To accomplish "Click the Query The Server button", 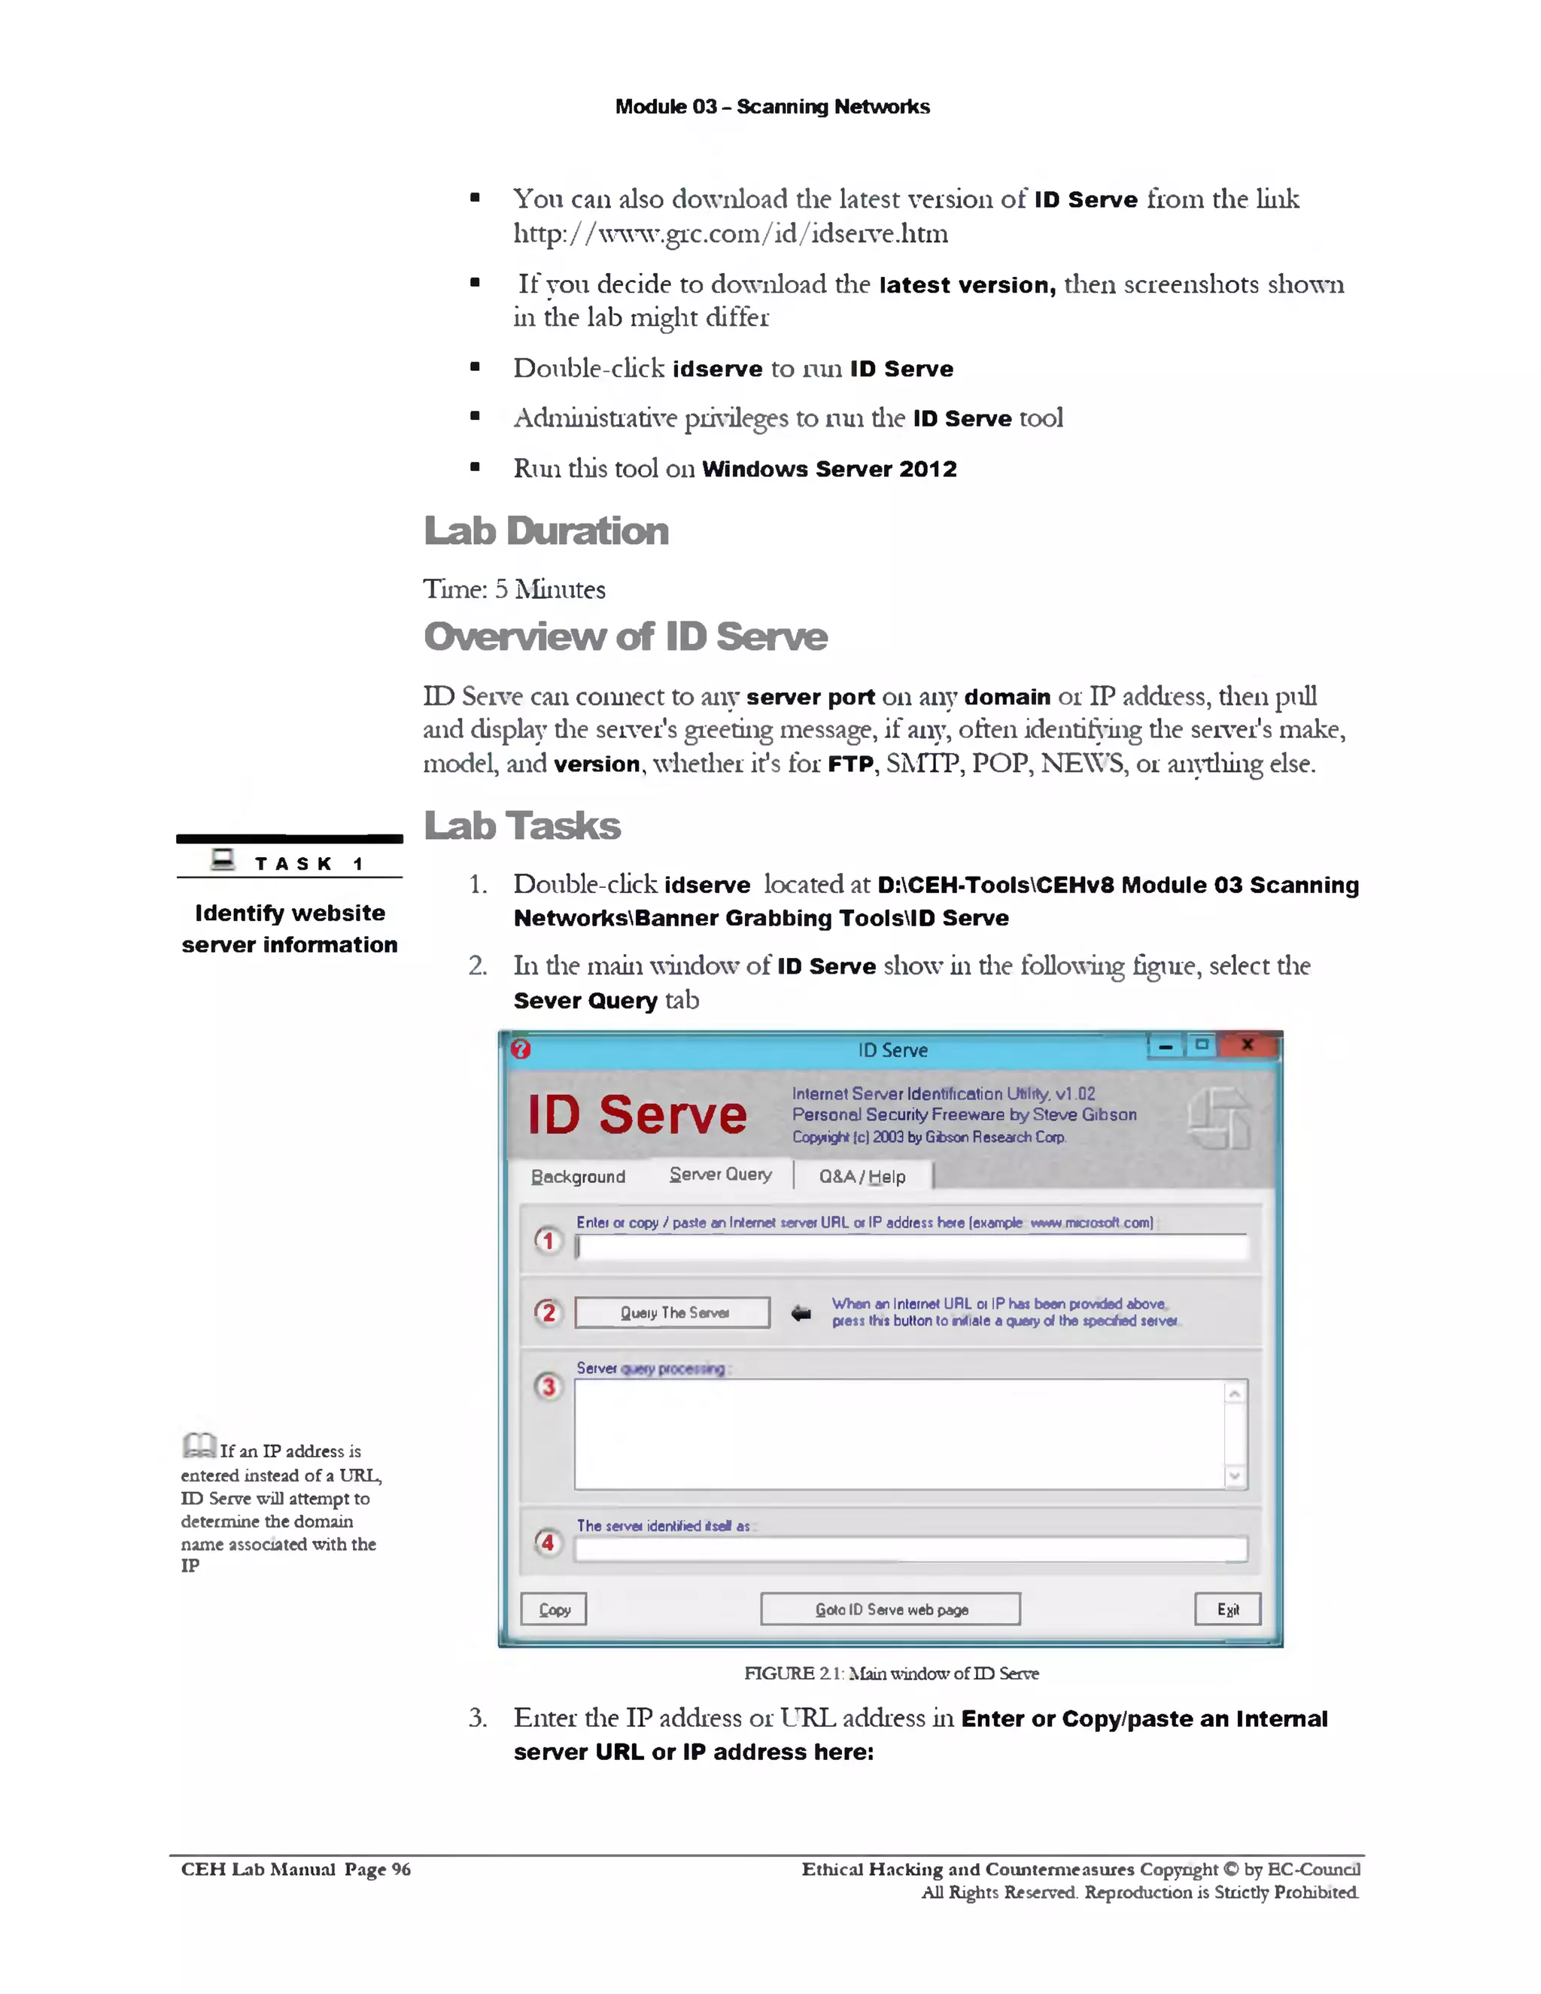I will (672, 1312).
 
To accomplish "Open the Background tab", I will (578, 1177).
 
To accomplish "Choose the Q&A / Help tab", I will (862, 1177).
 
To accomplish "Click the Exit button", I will (1227, 1609).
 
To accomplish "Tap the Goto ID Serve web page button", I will (890, 1609).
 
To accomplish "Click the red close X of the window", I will (1247, 1045).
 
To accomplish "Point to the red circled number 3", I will (548, 1387).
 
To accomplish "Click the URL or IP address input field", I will (911, 1246).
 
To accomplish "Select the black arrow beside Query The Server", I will (801, 1313).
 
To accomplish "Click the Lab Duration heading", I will (546, 530).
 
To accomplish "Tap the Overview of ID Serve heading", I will (625, 637).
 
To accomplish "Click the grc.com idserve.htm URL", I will (731, 234).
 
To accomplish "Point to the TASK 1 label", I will (308, 863).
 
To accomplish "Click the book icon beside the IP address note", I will (198, 1445).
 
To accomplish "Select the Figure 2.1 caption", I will (891, 1673).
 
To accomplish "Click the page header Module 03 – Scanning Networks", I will (772, 107).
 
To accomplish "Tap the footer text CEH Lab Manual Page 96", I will (296, 1869).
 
